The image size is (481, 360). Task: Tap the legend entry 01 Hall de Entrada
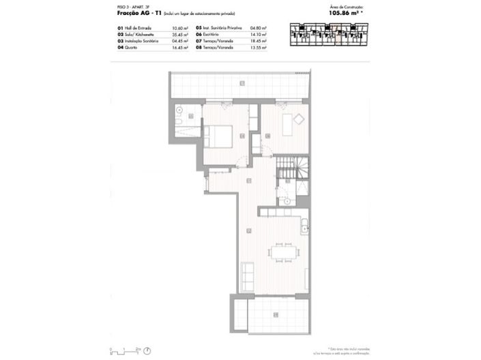tap(140, 29)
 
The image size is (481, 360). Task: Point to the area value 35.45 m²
tap(181, 35)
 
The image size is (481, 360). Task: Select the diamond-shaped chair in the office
tap(298, 119)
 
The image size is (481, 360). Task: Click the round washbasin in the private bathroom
tap(179, 109)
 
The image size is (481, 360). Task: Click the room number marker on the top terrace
tap(241, 82)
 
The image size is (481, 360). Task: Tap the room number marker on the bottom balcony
tap(276, 314)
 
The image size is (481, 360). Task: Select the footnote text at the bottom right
tap(349, 350)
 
